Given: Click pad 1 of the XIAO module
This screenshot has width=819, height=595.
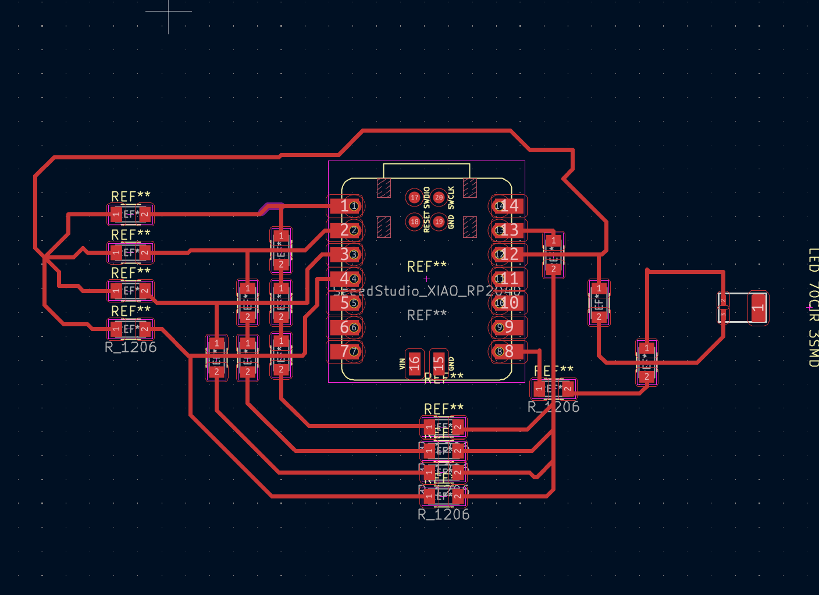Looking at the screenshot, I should pyautogui.click(x=346, y=206).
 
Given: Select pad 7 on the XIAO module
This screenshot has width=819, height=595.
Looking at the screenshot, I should pyautogui.click(x=346, y=351).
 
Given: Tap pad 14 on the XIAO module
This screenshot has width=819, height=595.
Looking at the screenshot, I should pyautogui.click(x=508, y=206).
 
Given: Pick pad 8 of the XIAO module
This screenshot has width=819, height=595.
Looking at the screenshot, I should pyautogui.click(x=508, y=351).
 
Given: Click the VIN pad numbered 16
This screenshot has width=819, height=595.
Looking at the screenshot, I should pyautogui.click(x=414, y=364).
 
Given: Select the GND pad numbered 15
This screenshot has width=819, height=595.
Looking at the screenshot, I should pyautogui.click(x=439, y=364).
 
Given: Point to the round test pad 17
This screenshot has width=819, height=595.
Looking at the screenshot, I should pyautogui.click(x=414, y=198).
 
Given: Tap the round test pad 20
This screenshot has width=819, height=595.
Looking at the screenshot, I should pyautogui.click(x=439, y=198).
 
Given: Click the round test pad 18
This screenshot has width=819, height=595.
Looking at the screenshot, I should pyautogui.click(x=414, y=222).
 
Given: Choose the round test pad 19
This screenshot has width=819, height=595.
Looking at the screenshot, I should pyautogui.click(x=439, y=222).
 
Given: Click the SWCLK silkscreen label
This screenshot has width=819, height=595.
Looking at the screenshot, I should pyautogui.click(x=451, y=198).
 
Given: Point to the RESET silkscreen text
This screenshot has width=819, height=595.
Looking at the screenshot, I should pyautogui.click(x=427, y=223).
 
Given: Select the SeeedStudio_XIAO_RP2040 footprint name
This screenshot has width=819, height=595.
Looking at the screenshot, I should pyautogui.click(x=426, y=291).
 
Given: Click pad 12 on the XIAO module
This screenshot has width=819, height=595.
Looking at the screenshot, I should pyautogui.click(x=508, y=254).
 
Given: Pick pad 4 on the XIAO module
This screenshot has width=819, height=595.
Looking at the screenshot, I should pyautogui.click(x=346, y=279).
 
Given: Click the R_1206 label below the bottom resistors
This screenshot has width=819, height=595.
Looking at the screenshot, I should pyautogui.click(x=443, y=515).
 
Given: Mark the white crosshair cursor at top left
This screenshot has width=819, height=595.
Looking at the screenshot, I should pyautogui.click(x=169, y=11).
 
